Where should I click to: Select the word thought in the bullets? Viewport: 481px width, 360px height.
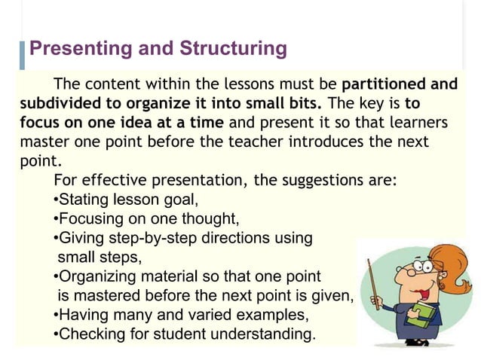tap(212, 219)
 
